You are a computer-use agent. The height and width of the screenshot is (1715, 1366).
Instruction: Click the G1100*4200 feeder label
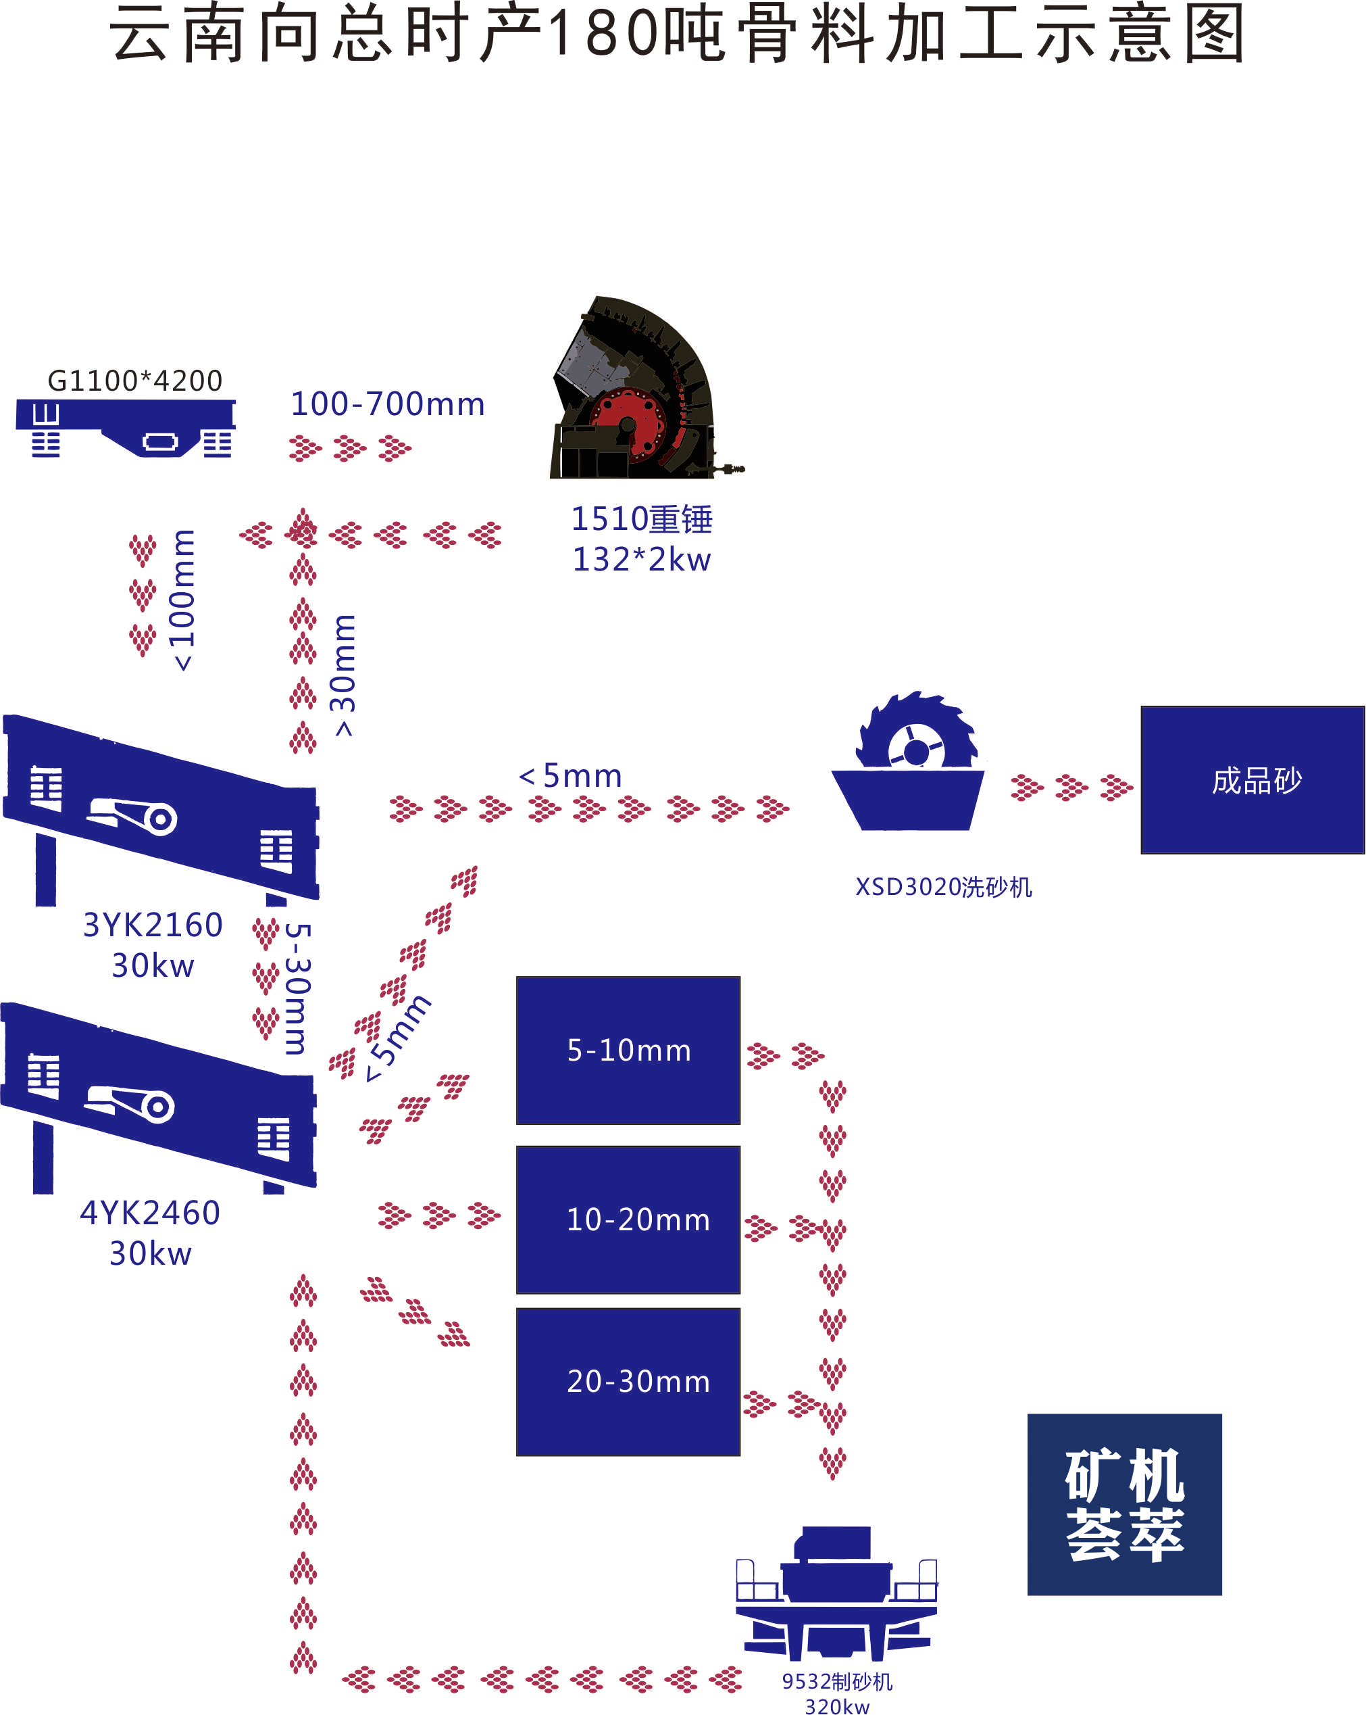coord(135,381)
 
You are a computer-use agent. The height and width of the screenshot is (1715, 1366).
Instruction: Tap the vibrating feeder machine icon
coord(125,428)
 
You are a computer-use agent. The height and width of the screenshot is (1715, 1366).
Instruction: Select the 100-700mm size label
coord(387,404)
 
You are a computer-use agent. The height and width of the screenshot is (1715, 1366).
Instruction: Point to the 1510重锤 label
coord(642,519)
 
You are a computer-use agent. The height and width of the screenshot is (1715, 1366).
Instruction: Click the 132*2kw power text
coord(642,559)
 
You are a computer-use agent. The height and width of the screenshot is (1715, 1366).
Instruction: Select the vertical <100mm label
coord(183,600)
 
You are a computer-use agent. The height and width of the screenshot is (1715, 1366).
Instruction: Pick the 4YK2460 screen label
coord(150,1213)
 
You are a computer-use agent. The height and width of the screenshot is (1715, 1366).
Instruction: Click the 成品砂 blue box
coord(1253,779)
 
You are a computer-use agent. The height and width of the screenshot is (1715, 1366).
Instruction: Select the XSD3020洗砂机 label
coord(943,887)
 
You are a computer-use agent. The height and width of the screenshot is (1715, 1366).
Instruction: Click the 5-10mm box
coord(628,1050)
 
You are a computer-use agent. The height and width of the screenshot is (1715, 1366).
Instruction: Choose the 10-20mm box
coord(628,1219)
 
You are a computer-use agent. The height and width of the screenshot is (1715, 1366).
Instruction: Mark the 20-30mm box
coord(628,1382)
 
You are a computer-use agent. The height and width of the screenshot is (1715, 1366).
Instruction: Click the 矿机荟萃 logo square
coord(1123,1504)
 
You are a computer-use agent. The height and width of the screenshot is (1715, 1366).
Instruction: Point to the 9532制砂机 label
coord(836,1681)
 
